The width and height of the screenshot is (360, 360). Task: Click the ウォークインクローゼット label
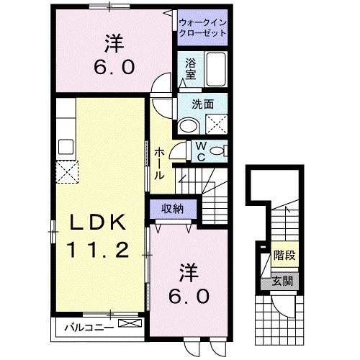click(202, 27)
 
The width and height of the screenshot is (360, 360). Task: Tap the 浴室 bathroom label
click(191, 68)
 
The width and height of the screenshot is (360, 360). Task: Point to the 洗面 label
click(202, 104)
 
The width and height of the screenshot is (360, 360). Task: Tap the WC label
click(202, 150)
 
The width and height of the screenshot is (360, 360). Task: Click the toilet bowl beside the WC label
click(220, 150)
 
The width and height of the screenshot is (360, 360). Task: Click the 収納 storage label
click(171, 208)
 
